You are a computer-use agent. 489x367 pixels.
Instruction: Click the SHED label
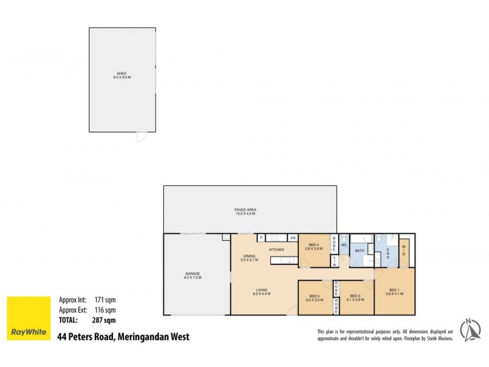click(122, 73)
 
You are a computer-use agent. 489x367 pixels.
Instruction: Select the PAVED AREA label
click(249, 210)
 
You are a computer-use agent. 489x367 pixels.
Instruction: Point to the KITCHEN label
click(276, 250)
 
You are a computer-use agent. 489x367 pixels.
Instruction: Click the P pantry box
click(260, 238)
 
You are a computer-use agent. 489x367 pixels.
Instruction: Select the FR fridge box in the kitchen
click(293, 238)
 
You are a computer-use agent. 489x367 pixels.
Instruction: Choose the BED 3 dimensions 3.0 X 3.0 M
click(314, 300)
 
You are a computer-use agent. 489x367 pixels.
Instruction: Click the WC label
click(344, 246)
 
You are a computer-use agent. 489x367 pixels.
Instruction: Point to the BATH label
click(361, 250)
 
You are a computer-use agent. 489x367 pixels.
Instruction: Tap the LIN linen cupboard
click(335, 261)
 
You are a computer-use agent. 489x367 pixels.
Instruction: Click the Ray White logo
click(28, 317)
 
